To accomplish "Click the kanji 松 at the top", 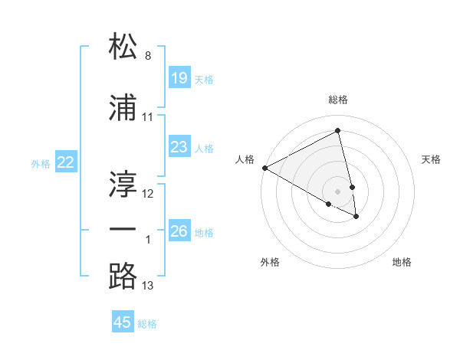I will (123, 47).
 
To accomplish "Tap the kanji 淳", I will (123, 183).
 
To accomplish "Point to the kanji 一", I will (123, 229).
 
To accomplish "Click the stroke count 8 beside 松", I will (148, 56).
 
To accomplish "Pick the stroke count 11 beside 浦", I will (148, 118).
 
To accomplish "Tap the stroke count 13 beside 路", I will (148, 286).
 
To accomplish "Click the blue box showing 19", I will (179, 77).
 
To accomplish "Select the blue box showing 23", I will (179, 146).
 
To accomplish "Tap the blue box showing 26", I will (179, 231).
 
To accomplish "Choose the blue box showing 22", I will (66, 162).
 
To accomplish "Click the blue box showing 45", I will (123, 322).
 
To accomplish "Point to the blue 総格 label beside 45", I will (147, 324).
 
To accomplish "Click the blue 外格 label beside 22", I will (41, 163).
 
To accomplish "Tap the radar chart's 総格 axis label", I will (338, 100).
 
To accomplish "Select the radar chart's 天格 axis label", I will (431, 159).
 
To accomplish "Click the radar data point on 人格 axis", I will (264, 167).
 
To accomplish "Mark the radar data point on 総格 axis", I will (338, 131).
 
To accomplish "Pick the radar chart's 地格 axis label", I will (402, 262).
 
